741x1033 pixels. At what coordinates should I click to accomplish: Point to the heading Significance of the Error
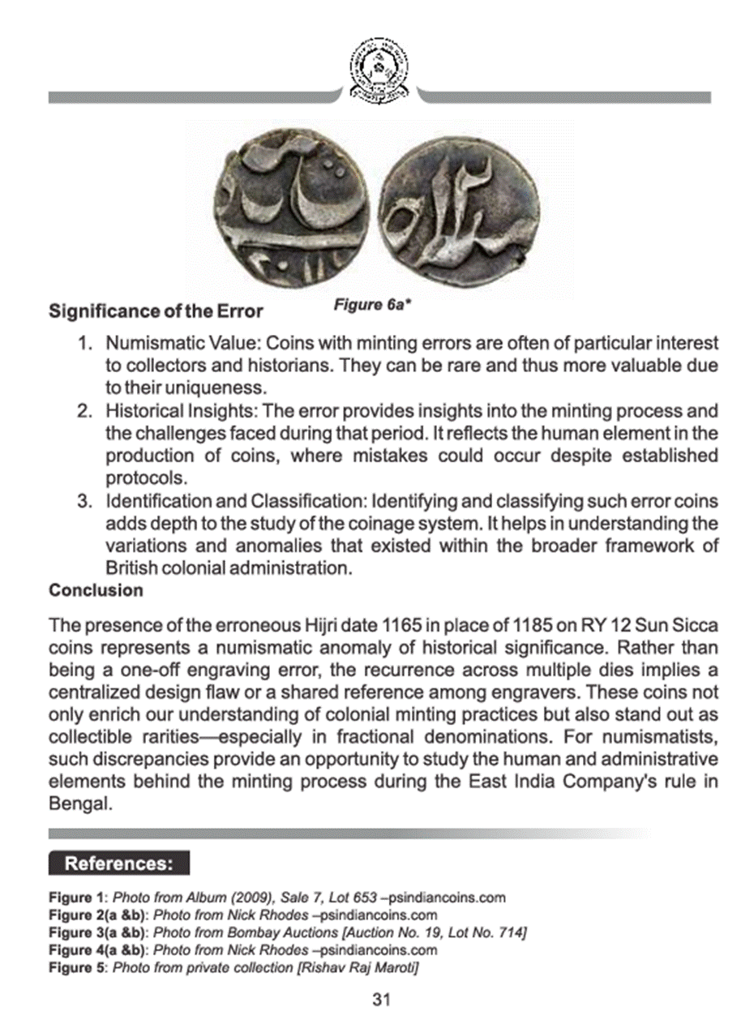coord(156,311)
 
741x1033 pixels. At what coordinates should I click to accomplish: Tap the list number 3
coord(84,501)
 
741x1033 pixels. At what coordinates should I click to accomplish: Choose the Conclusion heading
coord(96,590)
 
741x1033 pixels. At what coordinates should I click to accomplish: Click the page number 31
coord(381,1000)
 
